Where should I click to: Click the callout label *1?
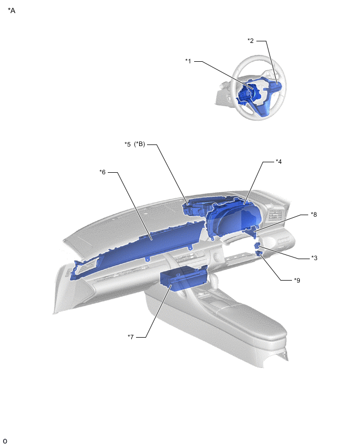(188, 61)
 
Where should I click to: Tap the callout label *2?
(251, 41)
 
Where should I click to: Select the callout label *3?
(314, 258)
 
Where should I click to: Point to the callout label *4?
(279, 162)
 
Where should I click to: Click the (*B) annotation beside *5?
(139, 144)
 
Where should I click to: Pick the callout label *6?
(103, 172)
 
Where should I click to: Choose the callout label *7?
(130, 337)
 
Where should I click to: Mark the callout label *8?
(313, 215)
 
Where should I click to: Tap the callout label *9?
(297, 281)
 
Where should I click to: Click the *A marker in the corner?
(12, 10)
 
